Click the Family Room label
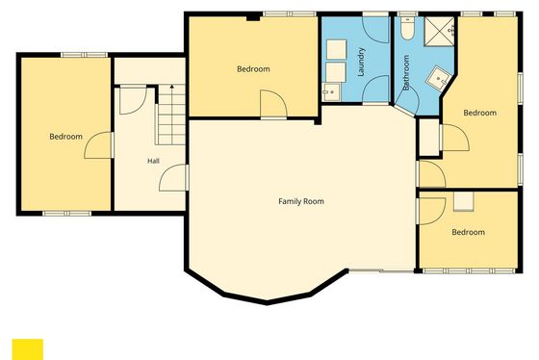click(x=301, y=201)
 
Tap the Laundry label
click(x=361, y=62)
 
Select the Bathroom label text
click(x=406, y=72)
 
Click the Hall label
click(x=153, y=161)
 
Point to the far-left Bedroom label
click(x=65, y=137)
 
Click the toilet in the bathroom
click(x=408, y=28)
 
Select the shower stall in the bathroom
click(x=439, y=32)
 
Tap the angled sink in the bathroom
click(x=439, y=78)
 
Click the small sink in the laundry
click(x=331, y=92)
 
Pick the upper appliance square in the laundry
click(x=336, y=49)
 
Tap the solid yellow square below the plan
click(x=28, y=349)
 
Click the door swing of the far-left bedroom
click(x=98, y=145)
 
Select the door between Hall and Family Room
click(x=173, y=177)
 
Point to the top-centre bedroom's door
click(x=273, y=104)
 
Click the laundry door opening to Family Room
click(x=375, y=90)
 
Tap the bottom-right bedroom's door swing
click(x=432, y=212)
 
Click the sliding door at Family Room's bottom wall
click(x=381, y=270)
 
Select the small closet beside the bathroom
click(x=429, y=138)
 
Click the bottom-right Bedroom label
click(x=468, y=232)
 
